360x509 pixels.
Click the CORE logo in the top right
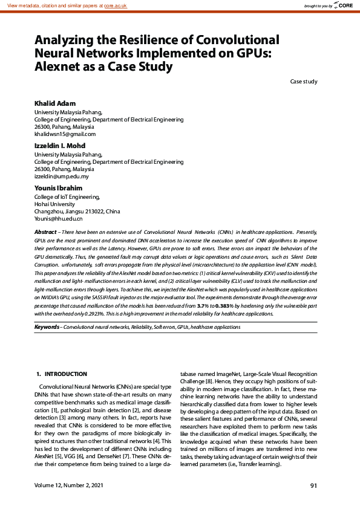click(x=344, y=5)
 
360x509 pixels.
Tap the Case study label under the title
click(x=303, y=82)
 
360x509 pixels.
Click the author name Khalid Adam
click(x=54, y=103)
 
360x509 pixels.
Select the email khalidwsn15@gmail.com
click(x=65, y=134)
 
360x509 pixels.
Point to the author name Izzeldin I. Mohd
click(x=60, y=146)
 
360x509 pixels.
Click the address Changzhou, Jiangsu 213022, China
click(x=77, y=212)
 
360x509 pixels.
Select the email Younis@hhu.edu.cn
click(x=58, y=219)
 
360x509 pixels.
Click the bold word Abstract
click(x=45, y=232)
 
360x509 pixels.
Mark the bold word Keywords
click(x=47, y=327)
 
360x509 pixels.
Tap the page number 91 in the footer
click(x=313, y=485)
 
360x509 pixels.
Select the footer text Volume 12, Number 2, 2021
click(x=69, y=485)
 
